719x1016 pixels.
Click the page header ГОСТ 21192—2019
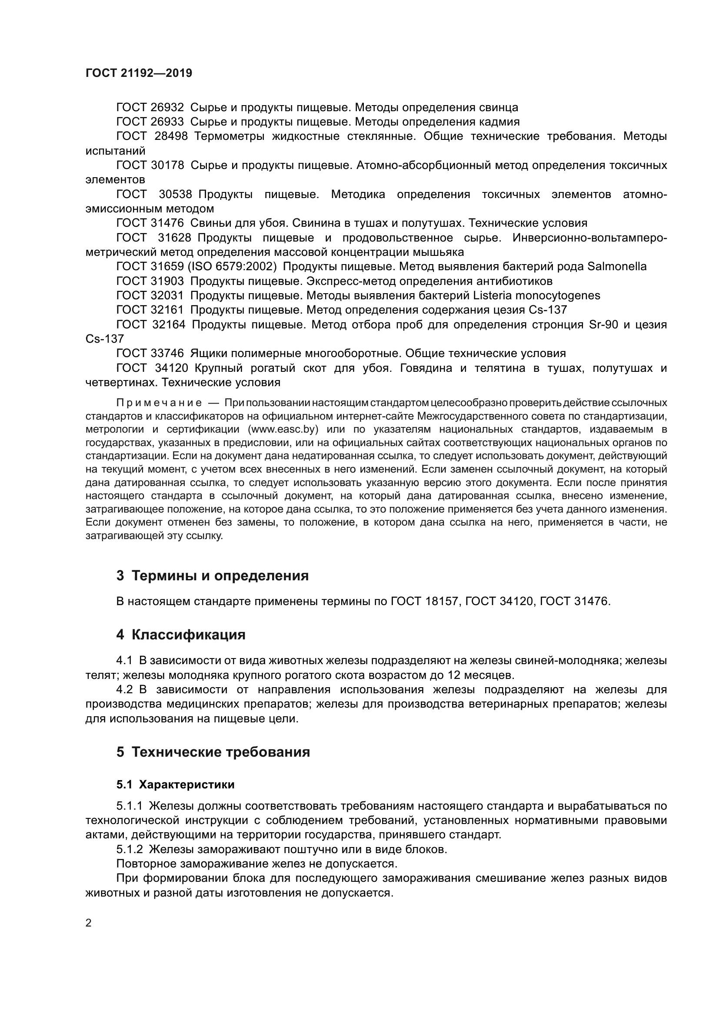click(x=139, y=73)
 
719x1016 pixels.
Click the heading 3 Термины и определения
click(x=213, y=576)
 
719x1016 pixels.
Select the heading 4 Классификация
click(x=181, y=635)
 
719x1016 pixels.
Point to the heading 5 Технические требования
click(x=213, y=752)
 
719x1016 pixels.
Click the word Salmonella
click(x=617, y=266)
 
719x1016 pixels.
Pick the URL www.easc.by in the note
click(x=283, y=429)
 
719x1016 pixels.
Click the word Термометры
click(x=229, y=136)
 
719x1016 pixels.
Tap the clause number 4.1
click(x=124, y=661)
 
